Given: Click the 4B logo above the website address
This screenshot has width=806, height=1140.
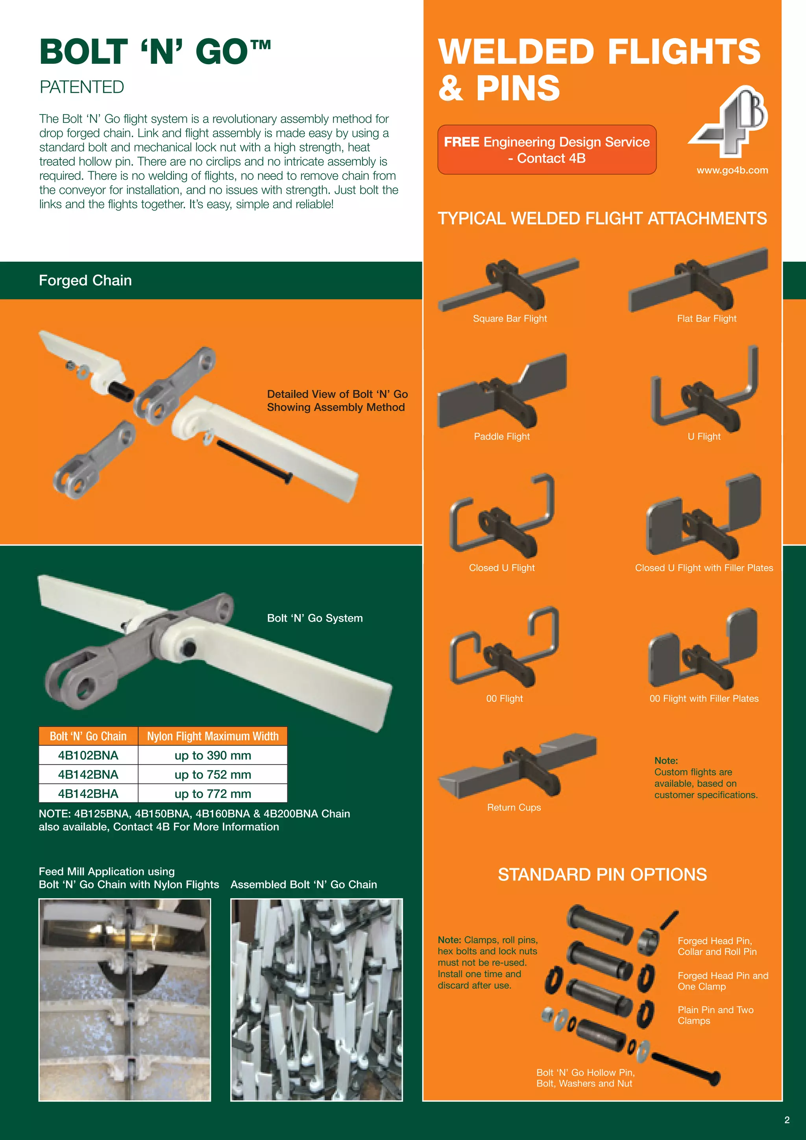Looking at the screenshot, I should tap(728, 122).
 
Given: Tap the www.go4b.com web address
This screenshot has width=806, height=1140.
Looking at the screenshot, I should tap(732, 170).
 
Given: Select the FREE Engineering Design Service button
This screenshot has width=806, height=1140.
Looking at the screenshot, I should tap(546, 150).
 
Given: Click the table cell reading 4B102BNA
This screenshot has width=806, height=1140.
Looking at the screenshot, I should tap(88, 755).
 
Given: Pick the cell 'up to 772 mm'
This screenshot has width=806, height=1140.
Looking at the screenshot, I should tap(213, 794).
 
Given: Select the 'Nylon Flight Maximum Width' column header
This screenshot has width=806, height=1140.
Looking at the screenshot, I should tap(213, 736).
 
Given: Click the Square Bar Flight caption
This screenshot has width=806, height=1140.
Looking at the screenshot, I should tap(510, 319).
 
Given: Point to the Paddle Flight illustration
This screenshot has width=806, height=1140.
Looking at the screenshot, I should tap(502, 392).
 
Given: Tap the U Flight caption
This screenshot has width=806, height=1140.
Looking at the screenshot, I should tap(704, 437).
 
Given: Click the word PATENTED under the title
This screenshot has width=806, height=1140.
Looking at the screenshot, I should tap(82, 87).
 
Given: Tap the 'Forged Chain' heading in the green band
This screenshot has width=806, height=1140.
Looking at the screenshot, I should tap(85, 281).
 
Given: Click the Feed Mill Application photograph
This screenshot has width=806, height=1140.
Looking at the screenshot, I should tap(125, 999).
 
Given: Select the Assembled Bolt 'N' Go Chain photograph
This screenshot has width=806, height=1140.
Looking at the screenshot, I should tap(316, 999).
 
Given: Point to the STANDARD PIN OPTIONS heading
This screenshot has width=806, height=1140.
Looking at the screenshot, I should tap(602, 874).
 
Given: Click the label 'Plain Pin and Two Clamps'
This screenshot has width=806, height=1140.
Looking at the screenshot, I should tap(715, 1015).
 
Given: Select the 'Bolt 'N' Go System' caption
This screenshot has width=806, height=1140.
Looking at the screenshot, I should tap(315, 618).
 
